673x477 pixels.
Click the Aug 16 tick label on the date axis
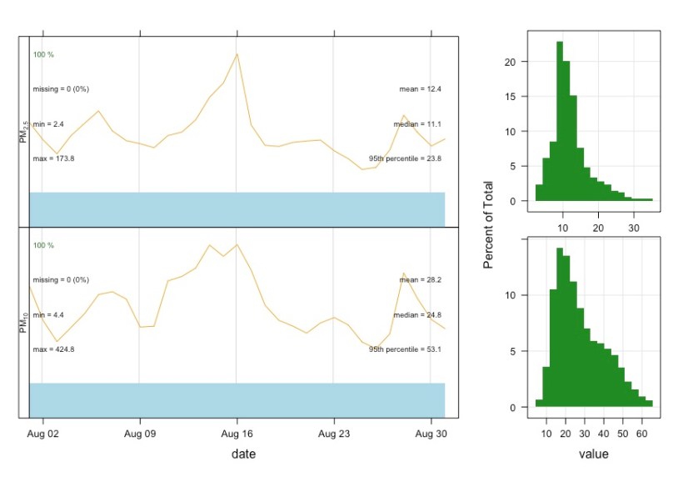237,434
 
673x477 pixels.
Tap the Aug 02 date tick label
42,434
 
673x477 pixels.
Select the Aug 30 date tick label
431,434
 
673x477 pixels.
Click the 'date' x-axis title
243,454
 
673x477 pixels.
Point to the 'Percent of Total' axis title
489,225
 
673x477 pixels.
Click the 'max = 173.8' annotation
54,158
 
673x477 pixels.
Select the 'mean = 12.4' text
421,88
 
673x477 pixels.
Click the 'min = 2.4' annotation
48,123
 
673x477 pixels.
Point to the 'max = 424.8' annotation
54,349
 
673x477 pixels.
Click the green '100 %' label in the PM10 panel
43,245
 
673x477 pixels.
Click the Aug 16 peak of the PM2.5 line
237,54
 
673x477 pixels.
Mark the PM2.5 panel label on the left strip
24,131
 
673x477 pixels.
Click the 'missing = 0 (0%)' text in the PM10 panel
61,279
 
